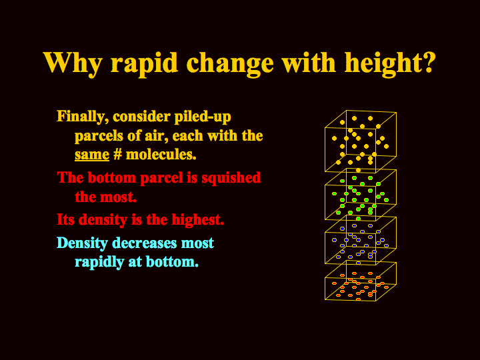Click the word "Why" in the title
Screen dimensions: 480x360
click(72, 63)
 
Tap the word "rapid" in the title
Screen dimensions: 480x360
click(144, 64)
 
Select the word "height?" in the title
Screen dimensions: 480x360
click(390, 64)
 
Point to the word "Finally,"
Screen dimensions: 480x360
click(83, 117)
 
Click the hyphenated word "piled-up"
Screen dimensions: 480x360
click(203, 117)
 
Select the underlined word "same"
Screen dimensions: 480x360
click(92, 155)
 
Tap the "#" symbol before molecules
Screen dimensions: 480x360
click(117, 154)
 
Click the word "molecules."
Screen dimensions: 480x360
click(161, 154)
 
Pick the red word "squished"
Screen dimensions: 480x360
click(231, 177)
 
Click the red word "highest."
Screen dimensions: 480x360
click(198, 219)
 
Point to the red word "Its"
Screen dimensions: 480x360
click(66, 219)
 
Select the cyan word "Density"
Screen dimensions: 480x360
click(83, 243)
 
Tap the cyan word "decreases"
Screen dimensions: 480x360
click(145, 243)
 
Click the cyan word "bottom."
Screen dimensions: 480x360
click(173, 262)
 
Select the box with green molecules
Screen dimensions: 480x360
click(325, 202)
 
